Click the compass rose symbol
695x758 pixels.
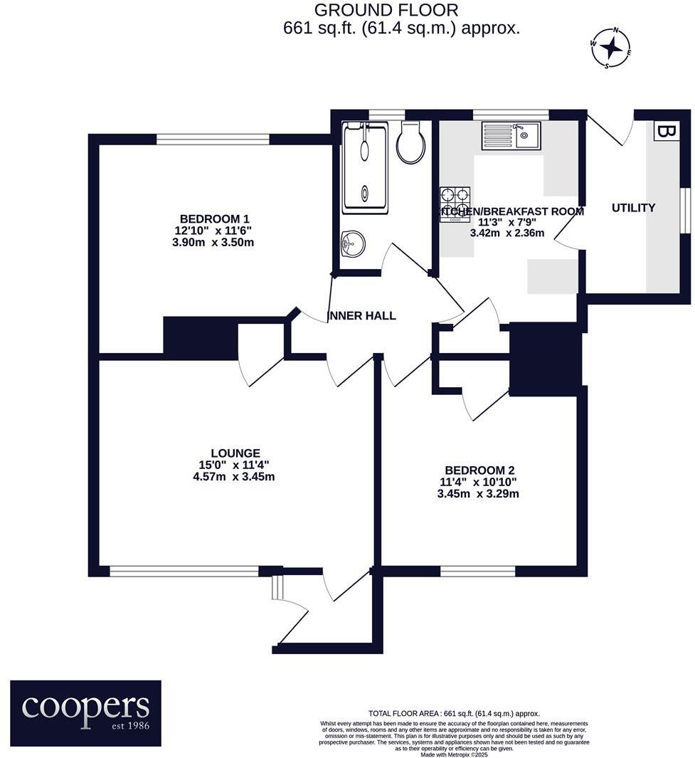click(610, 48)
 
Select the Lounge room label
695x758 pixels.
click(235, 453)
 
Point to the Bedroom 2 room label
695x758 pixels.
click(479, 470)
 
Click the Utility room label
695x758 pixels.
click(633, 208)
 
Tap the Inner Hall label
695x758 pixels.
click(361, 315)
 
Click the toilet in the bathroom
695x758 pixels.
click(411, 142)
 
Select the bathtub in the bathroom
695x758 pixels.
click(365, 168)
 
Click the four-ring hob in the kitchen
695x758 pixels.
click(455, 204)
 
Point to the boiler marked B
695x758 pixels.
click(666, 132)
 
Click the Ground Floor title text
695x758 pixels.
click(386, 10)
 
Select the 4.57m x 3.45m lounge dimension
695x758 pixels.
click(233, 477)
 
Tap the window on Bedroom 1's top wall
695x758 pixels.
click(213, 139)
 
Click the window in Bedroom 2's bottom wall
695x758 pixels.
click(477, 571)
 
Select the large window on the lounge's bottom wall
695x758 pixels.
click(184, 571)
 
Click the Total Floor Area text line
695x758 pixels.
click(454, 713)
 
